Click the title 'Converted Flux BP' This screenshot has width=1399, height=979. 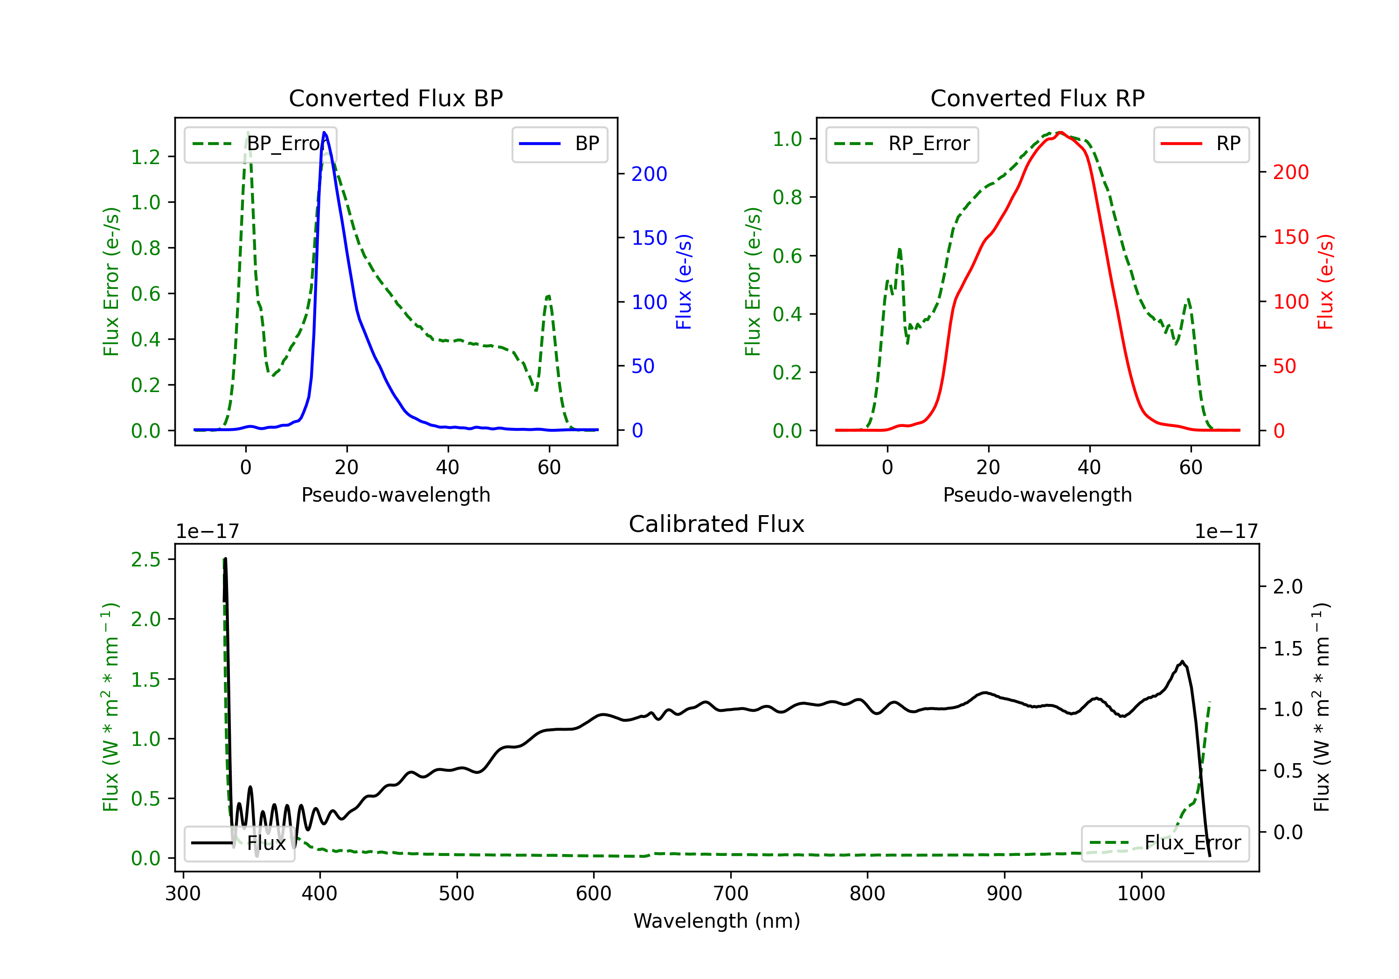tap(395, 98)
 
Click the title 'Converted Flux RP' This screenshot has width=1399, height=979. tap(1037, 98)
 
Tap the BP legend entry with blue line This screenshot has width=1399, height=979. tap(559, 144)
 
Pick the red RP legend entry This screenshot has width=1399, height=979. tap(1200, 144)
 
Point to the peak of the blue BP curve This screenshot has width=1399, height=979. tap(324, 132)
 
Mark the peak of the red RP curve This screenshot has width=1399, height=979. tap(1060, 132)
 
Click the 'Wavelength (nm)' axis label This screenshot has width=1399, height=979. tap(717, 921)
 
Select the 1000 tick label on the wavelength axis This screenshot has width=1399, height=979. tap(1141, 893)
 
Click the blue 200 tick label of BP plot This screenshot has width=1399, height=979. tap(649, 174)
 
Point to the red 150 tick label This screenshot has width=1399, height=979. tap(1290, 237)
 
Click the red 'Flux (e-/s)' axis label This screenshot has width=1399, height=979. tap(1325, 282)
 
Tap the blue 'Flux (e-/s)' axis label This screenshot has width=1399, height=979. tap(684, 282)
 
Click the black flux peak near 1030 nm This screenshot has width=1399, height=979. tap(1182, 662)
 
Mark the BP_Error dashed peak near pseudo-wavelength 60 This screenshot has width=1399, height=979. tap(548, 296)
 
